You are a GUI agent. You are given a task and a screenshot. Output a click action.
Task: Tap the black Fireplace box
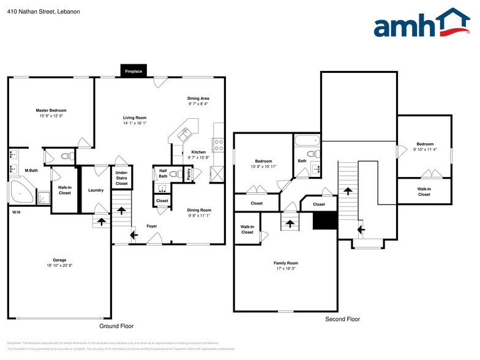pos(133,71)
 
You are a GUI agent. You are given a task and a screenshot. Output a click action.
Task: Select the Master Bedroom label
pos(51,110)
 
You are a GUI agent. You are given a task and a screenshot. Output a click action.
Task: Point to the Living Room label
pos(135,118)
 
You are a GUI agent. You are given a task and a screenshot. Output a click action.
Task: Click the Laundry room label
pos(96,190)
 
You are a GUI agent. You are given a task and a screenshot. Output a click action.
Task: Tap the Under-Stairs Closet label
pos(122,178)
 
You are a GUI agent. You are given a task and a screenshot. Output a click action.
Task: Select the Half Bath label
pos(163,173)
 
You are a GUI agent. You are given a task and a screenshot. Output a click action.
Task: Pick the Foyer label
pos(152,226)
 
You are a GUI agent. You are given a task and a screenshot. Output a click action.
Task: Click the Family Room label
pos(285,263)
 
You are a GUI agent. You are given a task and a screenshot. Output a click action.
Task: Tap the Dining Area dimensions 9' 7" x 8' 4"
pos(198,104)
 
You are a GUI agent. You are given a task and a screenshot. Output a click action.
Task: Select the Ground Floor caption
pos(116,326)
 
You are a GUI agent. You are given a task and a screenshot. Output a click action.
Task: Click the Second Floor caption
pos(342,319)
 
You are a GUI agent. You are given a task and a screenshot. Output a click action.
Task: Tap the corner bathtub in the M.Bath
pos(21,192)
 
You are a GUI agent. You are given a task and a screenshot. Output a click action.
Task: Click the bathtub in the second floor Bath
pos(307,141)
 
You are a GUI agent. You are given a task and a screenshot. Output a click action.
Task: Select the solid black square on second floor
pos(324,220)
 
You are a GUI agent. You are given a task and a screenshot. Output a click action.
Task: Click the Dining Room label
pos(199,210)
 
